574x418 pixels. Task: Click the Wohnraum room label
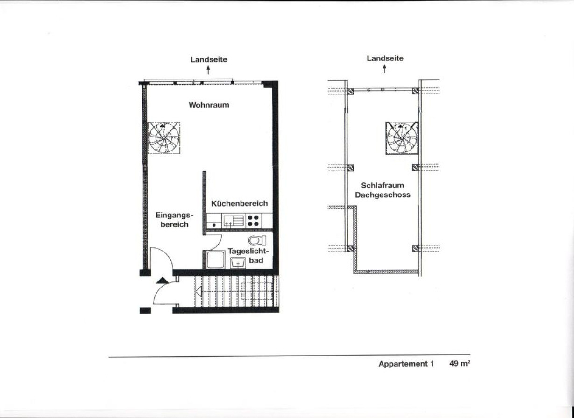tap(209, 105)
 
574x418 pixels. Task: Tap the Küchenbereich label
tap(239, 203)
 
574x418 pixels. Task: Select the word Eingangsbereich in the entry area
tap(174, 220)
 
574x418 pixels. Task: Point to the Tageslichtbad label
tap(248, 256)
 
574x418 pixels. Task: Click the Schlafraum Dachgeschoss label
tap(383, 190)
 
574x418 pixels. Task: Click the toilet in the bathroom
tap(257, 240)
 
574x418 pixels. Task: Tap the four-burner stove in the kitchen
tap(253, 221)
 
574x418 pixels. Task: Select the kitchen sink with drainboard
tap(234, 221)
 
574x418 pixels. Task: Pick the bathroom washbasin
tap(238, 263)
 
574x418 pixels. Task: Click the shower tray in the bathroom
tap(215, 260)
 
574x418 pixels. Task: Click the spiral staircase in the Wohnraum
tap(164, 138)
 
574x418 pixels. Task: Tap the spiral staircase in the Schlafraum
tap(402, 138)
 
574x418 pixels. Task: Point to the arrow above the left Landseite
tap(208, 70)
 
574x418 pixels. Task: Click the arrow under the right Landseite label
tap(384, 69)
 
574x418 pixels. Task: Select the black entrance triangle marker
tap(163, 281)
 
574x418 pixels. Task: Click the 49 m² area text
tap(460, 364)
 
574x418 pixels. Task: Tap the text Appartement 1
tap(406, 364)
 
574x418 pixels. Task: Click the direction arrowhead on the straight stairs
tap(198, 292)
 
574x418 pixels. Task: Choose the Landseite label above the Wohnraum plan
tap(209, 59)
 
